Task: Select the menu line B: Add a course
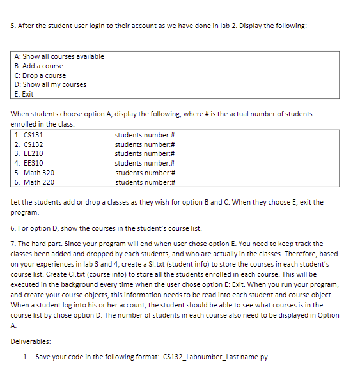tap(38, 66)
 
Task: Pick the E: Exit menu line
tap(24, 94)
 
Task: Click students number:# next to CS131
tap(145, 135)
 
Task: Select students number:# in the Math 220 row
tap(145, 182)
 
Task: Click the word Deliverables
tap(29, 341)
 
